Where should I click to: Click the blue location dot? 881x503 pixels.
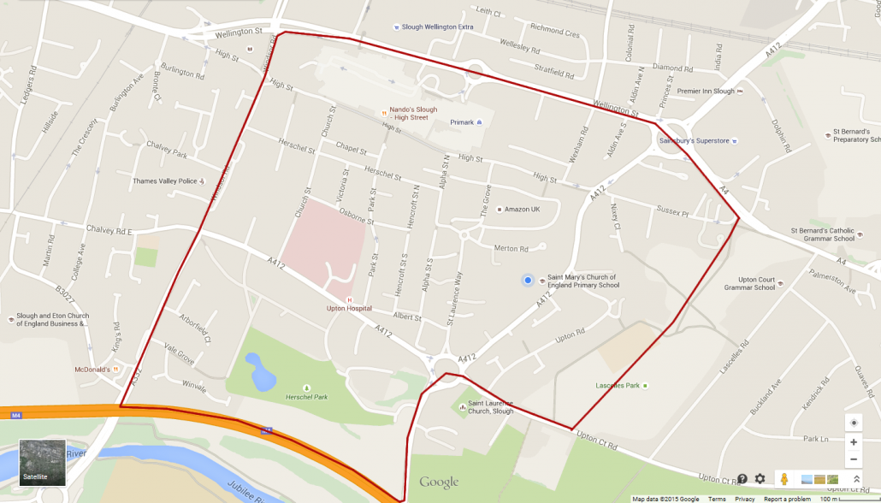point(528,281)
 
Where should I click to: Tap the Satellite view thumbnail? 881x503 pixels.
point(42,463)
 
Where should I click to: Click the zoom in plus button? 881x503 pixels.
point(853,442)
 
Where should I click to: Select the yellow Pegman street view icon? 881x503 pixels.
point(783,479)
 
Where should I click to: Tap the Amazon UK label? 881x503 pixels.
point(522,210)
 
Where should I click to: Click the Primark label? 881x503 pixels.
point(462,122)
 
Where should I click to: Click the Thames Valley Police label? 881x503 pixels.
point(165,181)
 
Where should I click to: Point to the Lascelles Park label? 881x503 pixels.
point(618,386)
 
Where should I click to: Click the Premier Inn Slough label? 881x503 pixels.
point(706,92)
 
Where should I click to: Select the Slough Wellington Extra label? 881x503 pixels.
point(436,27)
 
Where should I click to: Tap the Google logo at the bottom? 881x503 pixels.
point(439,482)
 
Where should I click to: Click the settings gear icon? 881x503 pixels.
point(760,479)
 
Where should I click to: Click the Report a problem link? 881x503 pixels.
point(787,499)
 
